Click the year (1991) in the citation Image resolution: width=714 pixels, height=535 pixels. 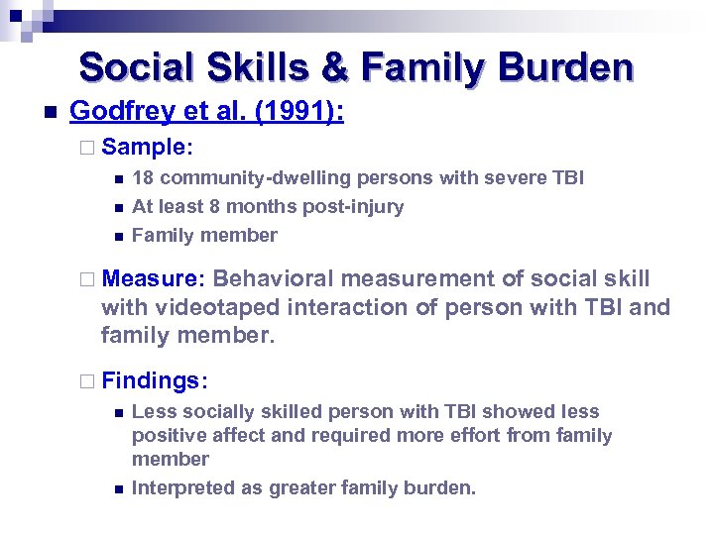[x=298, y=113]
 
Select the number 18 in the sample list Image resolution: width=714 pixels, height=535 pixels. [x=142, y=178]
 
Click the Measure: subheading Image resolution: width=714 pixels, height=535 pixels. [x=153, y=278]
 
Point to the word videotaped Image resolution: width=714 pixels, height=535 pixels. [x=207, y=307]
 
